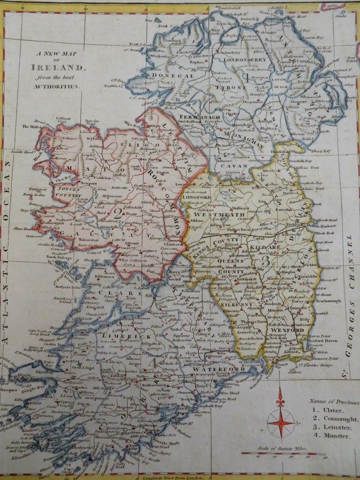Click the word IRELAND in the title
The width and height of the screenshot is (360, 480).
tap(59, 67)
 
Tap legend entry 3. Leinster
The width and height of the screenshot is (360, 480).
tap(330, 427)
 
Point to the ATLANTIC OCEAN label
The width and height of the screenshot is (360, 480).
tap(8, 244)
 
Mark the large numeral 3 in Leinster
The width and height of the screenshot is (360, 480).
tap(265, 262)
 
